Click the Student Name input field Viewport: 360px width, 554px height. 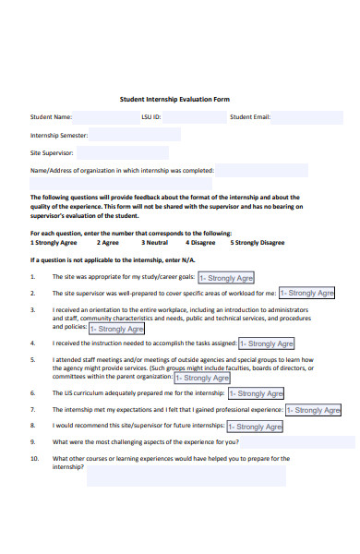(104, 117)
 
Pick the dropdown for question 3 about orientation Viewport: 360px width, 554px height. (116, 328)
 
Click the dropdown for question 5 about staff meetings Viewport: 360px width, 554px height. (201, 377)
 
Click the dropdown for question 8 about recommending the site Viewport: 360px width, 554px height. (253, 427)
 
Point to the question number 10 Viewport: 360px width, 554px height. (34, 458)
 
